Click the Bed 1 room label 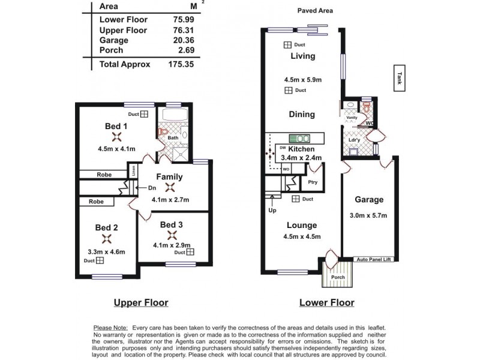[x=116, y=126]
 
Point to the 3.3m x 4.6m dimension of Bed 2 [x=107, y=251]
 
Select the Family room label [x=170, y=177]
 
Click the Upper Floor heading [x=141, y=302]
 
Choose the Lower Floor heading [x=326, y=302]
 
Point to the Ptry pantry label [x=312, y=182]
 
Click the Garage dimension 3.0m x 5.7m [x=368, y=215]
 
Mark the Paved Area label [x=315, y=11]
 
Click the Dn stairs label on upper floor [x=152, y=188]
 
